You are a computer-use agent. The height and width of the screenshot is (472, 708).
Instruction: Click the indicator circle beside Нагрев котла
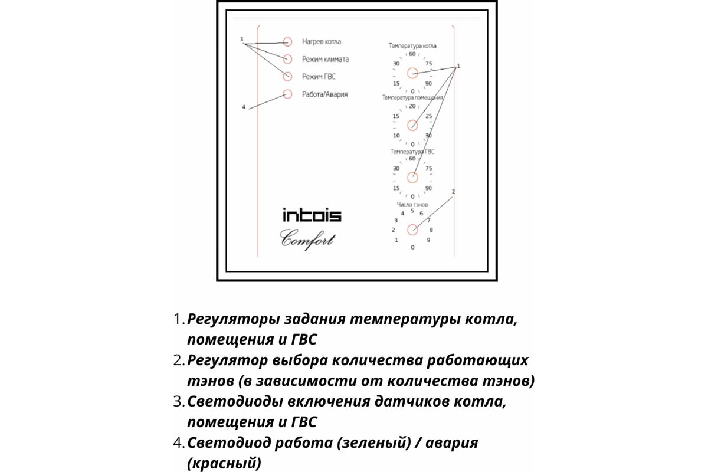pyautogui.click(x=287, y=42)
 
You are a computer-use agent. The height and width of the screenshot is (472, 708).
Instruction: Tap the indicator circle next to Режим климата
pyautogui.click(x=287, y=59)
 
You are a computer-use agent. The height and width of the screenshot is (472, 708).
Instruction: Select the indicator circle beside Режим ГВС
pyautogui.click(x=287, y=76)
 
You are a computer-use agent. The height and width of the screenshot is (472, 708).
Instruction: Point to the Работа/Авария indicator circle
pyautogui.click(x=287, y=94)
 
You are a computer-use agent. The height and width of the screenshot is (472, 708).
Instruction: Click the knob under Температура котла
pyautogui.click(x=412, y=73)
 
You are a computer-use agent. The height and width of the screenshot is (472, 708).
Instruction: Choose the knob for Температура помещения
pyautogui.click(x=412, y=125)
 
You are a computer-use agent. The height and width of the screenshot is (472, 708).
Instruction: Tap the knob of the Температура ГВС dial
pyautogui.click(x=412, y=176)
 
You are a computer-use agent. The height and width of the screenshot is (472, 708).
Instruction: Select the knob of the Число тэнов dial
pyautogui.click(x=412, y=230)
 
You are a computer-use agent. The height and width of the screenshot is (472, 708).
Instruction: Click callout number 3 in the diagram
pyautogui.click(x=242, y=39)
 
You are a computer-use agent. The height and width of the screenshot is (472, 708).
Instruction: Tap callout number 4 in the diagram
pyautogui.click(x=243, y=107)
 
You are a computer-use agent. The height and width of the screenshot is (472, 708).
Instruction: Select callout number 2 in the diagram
pyautogui.click(x=453, y=192)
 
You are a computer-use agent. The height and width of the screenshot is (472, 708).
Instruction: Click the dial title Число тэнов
pyautogui.click(x=412, y=204)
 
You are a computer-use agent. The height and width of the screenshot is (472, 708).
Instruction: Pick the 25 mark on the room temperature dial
pyautogui.click(x=429, y=116)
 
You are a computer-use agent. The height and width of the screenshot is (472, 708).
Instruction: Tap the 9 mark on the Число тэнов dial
pyautogui.click(x=428, y=240)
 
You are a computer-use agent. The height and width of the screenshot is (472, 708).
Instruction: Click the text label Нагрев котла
pyautogui.click(x=321, y=42)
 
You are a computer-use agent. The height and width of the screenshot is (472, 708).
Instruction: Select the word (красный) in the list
pyautogui.click(x=224, y=463)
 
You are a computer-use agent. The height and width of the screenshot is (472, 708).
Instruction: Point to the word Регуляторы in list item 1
pyautogui.click(x=232, y=319)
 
